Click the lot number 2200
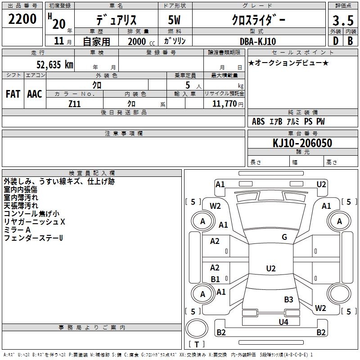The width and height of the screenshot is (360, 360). (23, 19)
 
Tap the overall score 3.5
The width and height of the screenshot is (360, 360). (342, 21)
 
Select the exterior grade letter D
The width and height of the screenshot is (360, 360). (335, 41)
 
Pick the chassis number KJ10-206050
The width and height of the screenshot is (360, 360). (302, 143)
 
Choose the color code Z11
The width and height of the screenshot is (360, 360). (75, 103)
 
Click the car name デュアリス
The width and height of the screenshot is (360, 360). (116, 21)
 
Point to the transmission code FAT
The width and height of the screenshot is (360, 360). (13, 94)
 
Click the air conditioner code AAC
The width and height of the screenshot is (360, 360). (35, 94)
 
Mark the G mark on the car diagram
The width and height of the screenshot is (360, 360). (284, 237)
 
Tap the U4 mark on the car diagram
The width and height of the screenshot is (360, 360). (283, 322)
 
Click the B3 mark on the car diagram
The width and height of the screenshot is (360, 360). (288, 299)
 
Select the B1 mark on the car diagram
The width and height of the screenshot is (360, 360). (215, 279)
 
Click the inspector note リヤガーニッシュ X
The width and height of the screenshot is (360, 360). (35, 222)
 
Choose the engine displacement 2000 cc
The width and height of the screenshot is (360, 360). (140, 41)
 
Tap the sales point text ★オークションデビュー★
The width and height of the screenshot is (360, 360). (288, 63)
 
